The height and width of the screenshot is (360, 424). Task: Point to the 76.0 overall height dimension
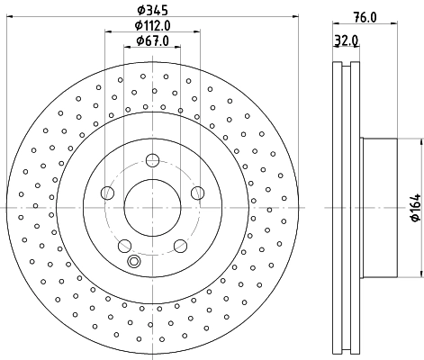point(363,17)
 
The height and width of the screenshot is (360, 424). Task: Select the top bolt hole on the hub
point(151,161)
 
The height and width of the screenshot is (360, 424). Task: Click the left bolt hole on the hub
point(107,192)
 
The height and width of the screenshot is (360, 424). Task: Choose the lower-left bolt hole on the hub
point(124,244)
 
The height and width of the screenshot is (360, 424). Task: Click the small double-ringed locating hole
point(135,262)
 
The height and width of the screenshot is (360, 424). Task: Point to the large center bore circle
point(151,207)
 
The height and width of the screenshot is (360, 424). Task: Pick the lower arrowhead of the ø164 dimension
point(419,274)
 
